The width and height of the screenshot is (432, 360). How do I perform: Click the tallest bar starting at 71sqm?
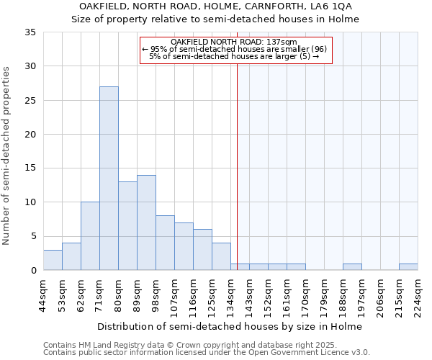[x=109, y=179]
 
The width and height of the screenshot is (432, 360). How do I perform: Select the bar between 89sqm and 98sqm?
[x=146, y=222]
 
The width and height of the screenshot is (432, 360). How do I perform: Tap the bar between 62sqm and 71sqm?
[x=90, y=236]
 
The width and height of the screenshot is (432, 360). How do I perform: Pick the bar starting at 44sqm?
[x=53, y=260]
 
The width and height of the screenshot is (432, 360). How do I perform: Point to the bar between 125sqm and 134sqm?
[x=221, y=256]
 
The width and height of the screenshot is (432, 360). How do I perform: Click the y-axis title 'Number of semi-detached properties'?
[x=6, y=155]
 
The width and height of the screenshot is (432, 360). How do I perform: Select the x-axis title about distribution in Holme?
[x=230, y=326]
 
